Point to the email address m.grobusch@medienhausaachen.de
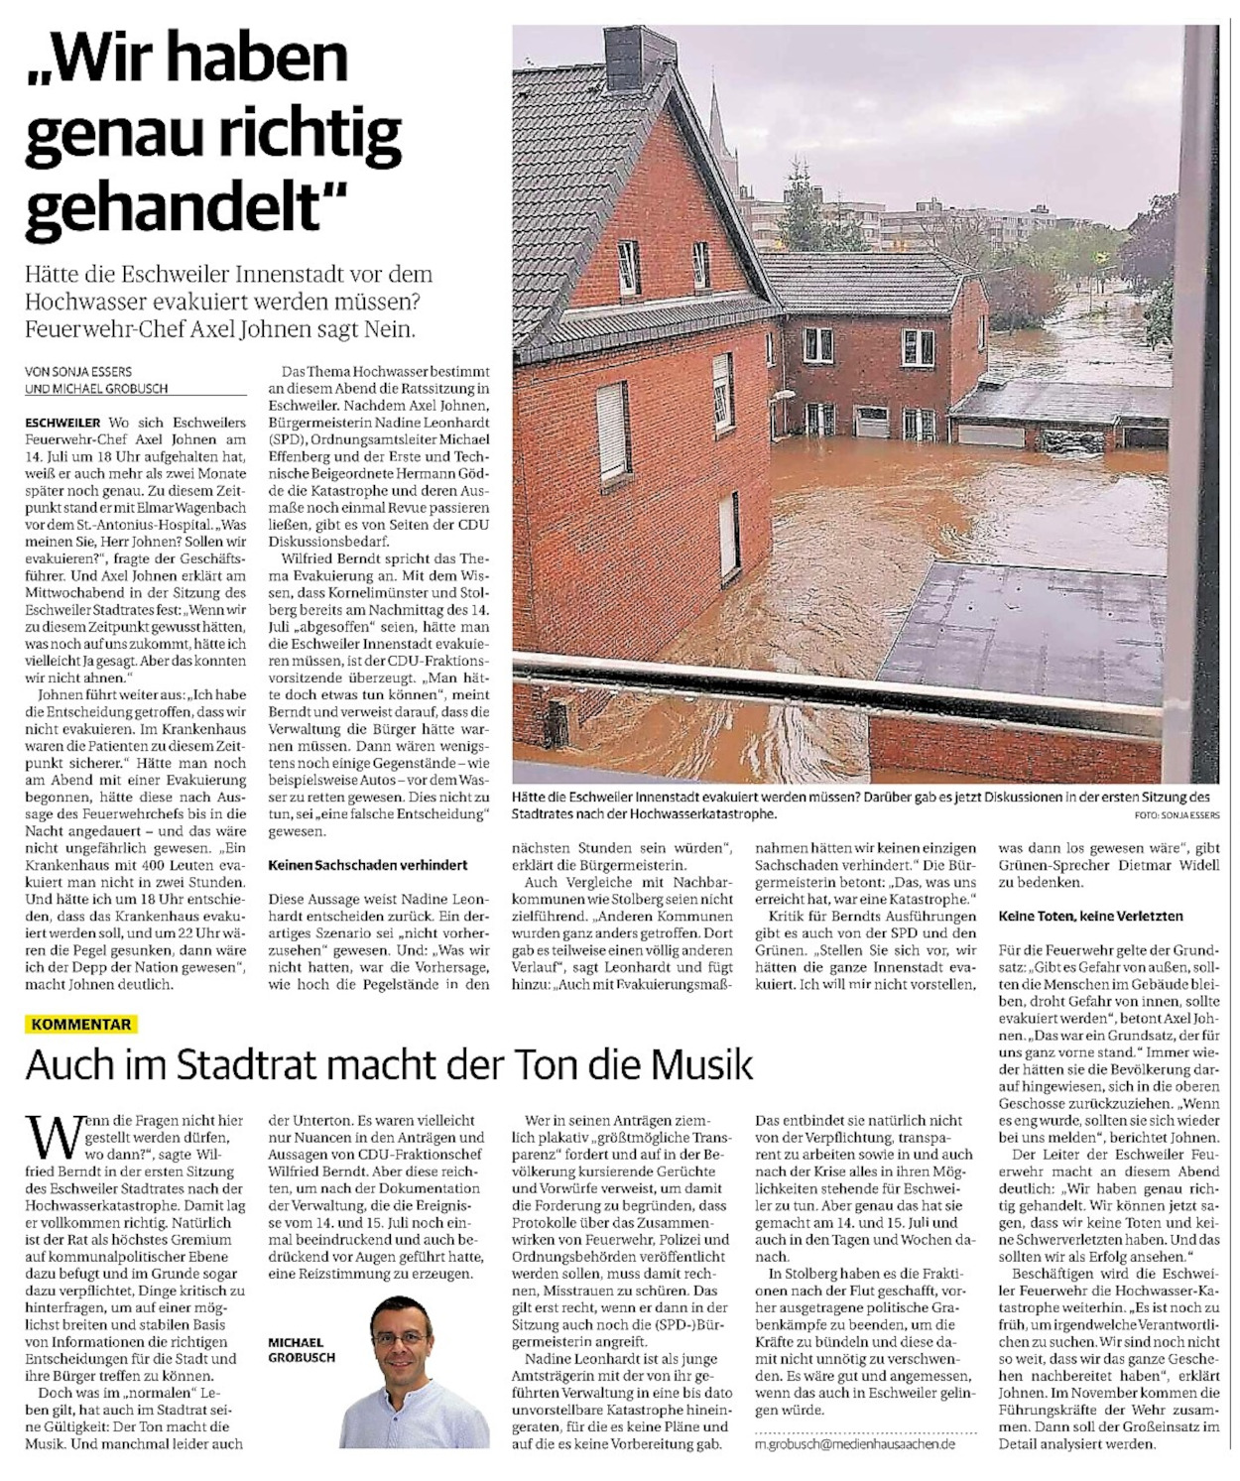[x=855, y=1443]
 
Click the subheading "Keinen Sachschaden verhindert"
[x=367, y=865]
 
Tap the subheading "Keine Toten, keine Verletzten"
[x=1090, y=916]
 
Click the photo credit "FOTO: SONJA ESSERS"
[x=1178, y=815]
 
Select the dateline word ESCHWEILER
[x=62, y=423]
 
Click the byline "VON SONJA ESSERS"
[x=78, y=372]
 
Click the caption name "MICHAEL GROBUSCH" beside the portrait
[x=302, y=1349]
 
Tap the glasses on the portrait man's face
[x=402, y=1338]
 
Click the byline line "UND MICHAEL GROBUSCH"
[x=96, y=389]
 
